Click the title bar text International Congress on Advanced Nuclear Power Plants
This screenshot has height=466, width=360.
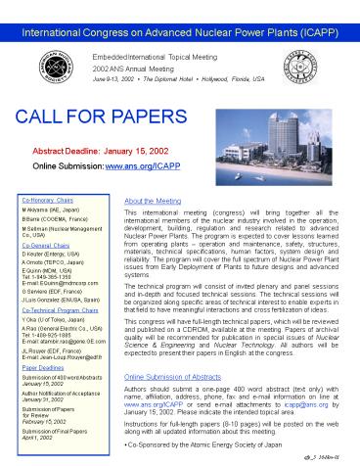coord(179,14)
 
